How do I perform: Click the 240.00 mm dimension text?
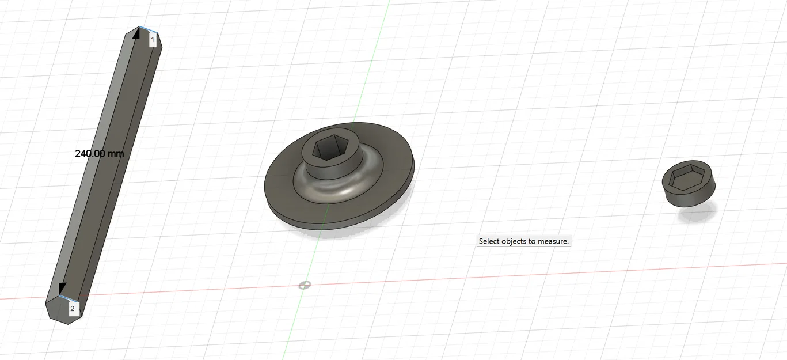pos(100,154)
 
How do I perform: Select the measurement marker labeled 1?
pos(153,40)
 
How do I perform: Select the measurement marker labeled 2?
pos(73,309)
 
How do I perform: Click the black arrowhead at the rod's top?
pos(136,33)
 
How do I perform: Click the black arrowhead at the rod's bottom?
pos(62,288)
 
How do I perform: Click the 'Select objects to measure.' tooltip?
pos(523,241)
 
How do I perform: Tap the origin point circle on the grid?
pos(305,285)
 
